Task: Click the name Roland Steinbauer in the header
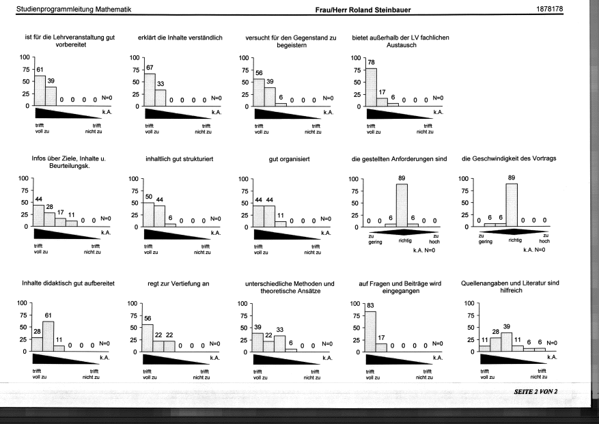click(380, 10)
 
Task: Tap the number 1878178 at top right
click(549, 9)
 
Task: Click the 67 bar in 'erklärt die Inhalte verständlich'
click(150, 89)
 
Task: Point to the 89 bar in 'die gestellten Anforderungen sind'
click(402, 206)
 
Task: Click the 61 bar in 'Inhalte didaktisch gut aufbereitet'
click(48, 336)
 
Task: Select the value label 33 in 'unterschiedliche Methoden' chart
click(280, 330)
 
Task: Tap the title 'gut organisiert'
click(289, 159)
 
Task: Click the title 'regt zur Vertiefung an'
click(178, 284)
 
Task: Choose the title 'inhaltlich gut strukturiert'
click(179, 159)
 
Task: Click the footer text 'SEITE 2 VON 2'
click(535, 391)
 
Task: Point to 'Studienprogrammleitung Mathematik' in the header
click(74, 9)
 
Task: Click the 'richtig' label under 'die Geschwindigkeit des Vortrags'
click(515, 240)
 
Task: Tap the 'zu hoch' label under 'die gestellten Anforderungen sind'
click(434, 239)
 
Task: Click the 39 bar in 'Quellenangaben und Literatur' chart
click(507, 342)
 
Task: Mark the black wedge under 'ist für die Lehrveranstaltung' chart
click(69, 113)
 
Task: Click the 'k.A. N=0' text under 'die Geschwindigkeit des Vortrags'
click(534, 250)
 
